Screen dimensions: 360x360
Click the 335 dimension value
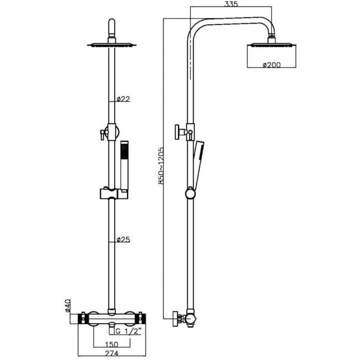(231, 4)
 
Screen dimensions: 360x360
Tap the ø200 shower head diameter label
(272, 66)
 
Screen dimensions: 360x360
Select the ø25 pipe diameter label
(124, 239)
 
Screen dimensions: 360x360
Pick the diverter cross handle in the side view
(178, 131)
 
